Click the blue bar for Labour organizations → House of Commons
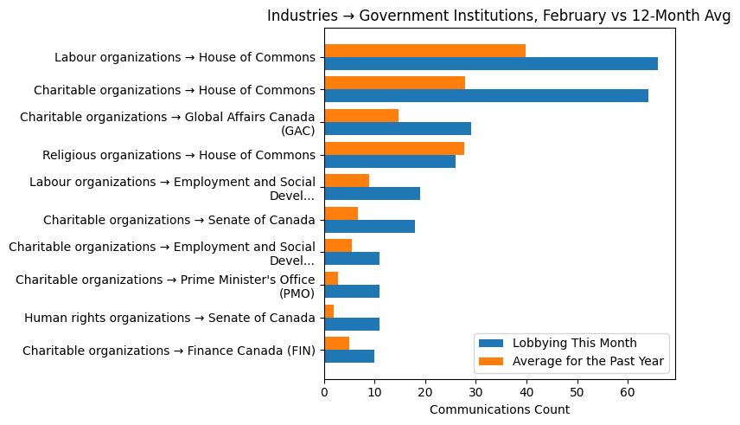490,63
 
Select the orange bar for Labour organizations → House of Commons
424,50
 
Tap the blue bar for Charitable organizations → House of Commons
486,96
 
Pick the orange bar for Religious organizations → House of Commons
394,148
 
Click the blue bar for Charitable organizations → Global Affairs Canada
398,128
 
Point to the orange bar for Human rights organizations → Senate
329,311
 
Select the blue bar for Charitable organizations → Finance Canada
349,357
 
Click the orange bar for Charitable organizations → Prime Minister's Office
331,278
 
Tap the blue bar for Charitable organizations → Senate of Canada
369,226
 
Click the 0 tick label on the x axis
324,392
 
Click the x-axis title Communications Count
499,409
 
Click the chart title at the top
499,16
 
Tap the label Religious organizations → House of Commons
178,155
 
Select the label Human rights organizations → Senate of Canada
169,318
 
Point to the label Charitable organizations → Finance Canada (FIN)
169,351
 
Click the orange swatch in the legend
491,360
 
